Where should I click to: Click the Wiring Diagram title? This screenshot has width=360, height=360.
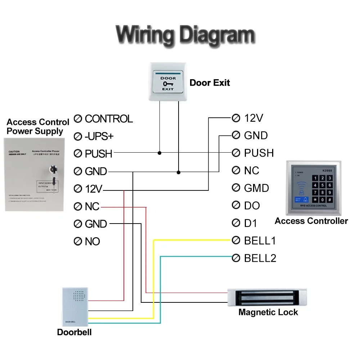[185, 35]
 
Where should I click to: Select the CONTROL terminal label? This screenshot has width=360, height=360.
[108, 118]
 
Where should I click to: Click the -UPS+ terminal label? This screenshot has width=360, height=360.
[99, 136]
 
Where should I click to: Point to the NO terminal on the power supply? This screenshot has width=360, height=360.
[92, 241]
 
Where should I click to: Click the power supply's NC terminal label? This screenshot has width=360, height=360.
[92, 207]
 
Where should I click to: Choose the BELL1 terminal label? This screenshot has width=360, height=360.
[260, 240]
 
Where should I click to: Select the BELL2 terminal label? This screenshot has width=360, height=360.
[260, 258]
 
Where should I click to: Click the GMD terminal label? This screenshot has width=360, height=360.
[256, 188]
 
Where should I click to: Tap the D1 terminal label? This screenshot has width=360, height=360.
[251, 223]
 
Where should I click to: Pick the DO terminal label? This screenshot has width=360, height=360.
[252, 206]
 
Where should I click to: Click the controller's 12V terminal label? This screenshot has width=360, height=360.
[253, 118]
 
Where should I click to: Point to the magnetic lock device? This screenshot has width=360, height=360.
[267, 297]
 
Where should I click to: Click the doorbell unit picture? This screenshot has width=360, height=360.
[75, 307]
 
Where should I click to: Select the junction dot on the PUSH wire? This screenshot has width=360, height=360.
[159, 153]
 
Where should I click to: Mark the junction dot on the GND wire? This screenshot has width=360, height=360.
[179, 172]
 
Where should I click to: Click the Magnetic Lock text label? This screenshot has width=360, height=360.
[268, 312]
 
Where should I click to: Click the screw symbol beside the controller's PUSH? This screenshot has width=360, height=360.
[236, 153]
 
